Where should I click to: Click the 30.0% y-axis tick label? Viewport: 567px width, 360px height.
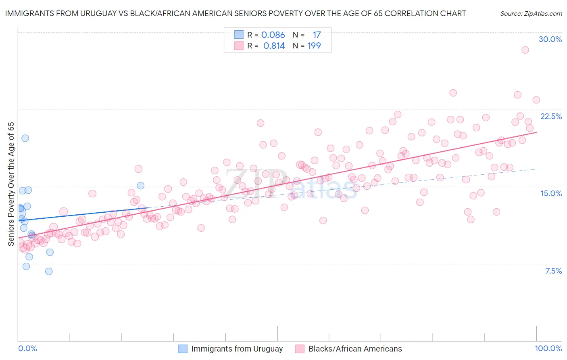tap(550, 39)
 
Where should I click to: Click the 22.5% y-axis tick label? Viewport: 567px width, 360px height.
tap(551, 116)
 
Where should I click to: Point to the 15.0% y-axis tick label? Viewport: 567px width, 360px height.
tap(551, 193)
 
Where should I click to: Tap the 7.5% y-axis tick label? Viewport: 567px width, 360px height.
tap(553, 271)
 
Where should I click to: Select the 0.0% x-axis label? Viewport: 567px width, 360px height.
tap(27, 348)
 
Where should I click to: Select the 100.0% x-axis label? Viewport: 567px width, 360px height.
tap(548, 348)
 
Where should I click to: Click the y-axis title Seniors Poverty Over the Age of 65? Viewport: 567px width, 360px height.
tap(11, 184)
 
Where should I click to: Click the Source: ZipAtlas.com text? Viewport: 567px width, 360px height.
tap(531, 14)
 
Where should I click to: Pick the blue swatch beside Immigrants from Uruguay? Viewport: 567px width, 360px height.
tap(183, 349)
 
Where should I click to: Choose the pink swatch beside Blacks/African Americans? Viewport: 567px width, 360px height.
tap(300, 349)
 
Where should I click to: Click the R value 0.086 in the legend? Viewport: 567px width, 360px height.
tap(273, 35)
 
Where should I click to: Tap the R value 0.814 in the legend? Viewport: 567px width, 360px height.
tap(274, 46)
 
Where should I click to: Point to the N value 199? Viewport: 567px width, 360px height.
tap(314, 46)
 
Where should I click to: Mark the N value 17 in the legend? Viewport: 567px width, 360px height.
tap(317, 35)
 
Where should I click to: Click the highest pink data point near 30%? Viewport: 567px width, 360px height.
tap(525, 50)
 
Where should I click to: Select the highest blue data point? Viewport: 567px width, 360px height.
tap(25, 138)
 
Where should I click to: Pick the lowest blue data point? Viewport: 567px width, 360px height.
tap(49, 271)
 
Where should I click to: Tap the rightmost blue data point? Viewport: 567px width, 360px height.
tap(141, 186)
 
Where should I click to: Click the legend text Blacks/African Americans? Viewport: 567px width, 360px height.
tap(355, 349)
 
